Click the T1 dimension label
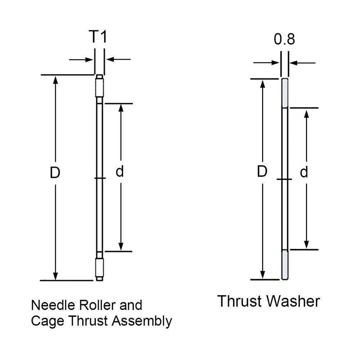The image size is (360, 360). pos(98,37)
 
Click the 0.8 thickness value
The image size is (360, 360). pos(284,39)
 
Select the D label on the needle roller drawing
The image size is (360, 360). pos(55,173)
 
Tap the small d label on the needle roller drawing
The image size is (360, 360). pos(120,172)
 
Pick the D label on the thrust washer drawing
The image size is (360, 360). pos(262,172)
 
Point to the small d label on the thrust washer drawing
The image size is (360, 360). pos(304,173)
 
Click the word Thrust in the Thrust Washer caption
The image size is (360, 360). pos(240,301)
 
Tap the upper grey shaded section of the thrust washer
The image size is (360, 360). pos(284,93)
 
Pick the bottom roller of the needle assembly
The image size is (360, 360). pos(99,267)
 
